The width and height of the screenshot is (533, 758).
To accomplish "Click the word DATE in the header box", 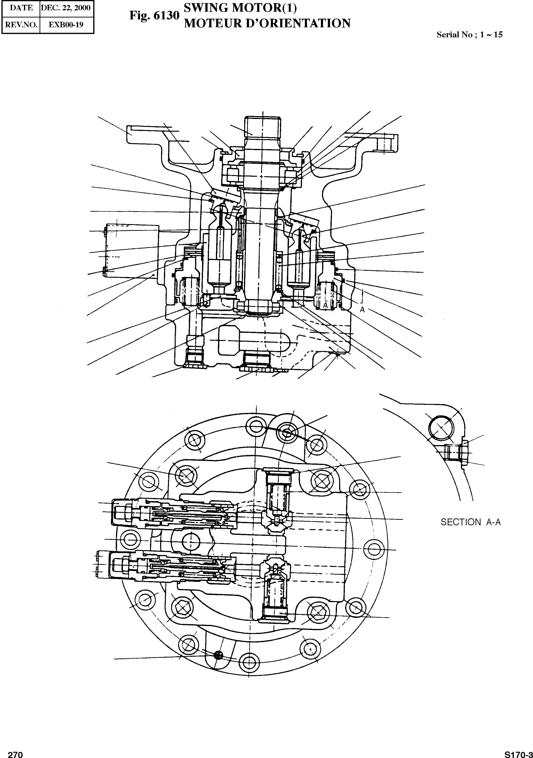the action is click(x=21, y=8).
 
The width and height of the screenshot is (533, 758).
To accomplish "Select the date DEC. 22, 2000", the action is click(x=65, y=8).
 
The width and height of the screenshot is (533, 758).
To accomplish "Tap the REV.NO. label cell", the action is click(x=21, y=24).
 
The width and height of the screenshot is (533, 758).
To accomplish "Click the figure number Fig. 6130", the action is click(x=154, y=16).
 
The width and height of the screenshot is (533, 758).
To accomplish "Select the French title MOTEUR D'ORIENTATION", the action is click(x=267, y=23).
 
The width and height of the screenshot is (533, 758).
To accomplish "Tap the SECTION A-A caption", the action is click(x=470, y=522).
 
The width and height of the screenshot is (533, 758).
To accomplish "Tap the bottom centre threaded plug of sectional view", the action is click(x=257, y=361).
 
